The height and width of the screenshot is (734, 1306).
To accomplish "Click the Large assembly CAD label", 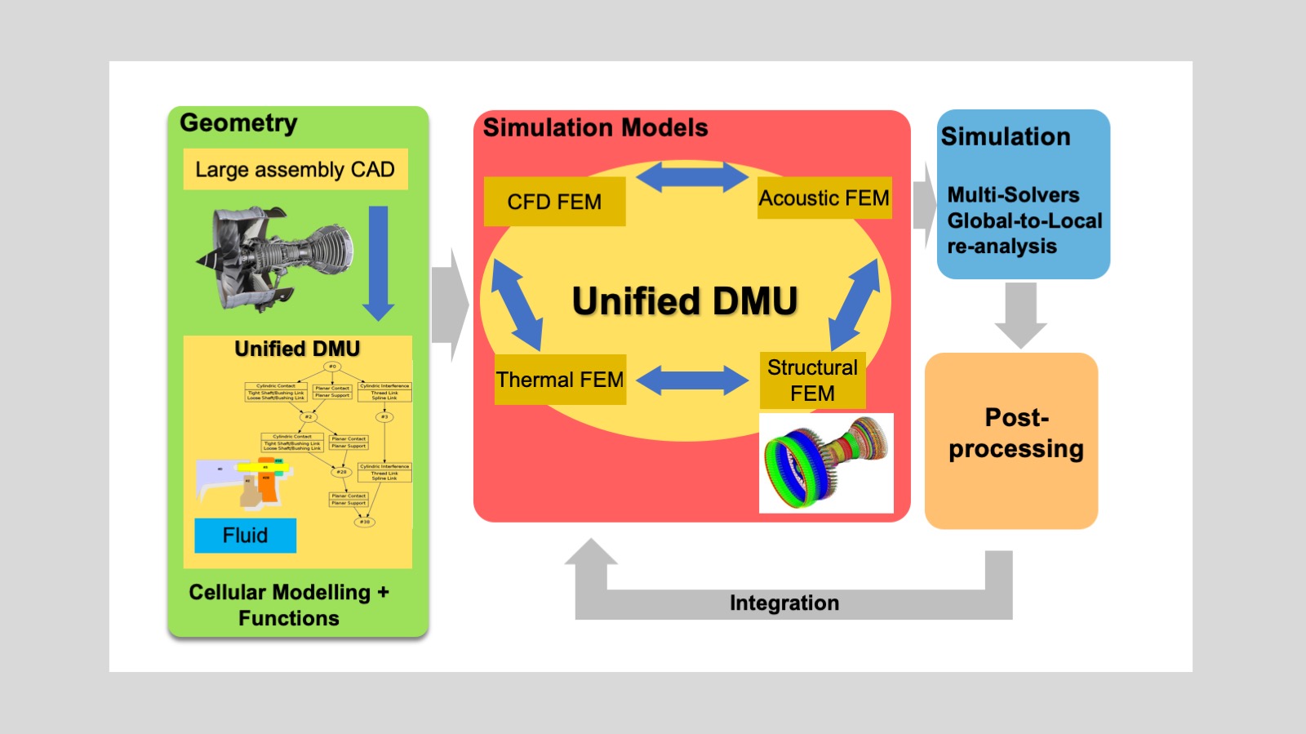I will coord(295,169).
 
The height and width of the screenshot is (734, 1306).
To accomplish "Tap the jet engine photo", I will coord(276,259).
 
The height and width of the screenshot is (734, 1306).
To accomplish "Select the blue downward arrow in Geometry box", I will coord(378,261).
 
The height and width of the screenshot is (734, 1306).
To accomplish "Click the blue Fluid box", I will coord(245,536).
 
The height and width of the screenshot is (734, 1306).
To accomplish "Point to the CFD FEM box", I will coord(554,202).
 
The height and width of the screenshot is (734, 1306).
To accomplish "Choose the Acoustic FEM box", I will coord(824,198).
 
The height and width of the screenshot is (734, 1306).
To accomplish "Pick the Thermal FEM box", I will coord(560,380).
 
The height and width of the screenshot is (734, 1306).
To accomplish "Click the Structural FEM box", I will coord(812,380).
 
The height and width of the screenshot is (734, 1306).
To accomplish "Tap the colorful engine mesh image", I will coord(826,463).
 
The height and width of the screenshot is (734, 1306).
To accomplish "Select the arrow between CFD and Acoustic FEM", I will coord(691,177).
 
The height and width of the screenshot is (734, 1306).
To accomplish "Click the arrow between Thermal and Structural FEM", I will coord(691,380).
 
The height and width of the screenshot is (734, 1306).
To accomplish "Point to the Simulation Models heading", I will coord(595,128).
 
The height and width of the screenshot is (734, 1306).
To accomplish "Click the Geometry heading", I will coord(238,123).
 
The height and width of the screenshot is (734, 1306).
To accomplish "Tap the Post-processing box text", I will coord(1015,434).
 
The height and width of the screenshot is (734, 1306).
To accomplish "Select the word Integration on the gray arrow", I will coord(784,603).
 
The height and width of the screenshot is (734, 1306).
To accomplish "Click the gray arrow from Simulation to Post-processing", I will coord(1020,314).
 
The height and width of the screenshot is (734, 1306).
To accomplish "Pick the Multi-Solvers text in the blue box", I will coord(1013,195).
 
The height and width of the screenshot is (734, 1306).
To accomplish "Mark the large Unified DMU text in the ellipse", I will coord(684,301).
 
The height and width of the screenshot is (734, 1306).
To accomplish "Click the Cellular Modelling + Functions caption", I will coord(289,605).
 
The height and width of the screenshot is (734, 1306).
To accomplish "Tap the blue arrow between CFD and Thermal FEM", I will coord(516,305).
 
